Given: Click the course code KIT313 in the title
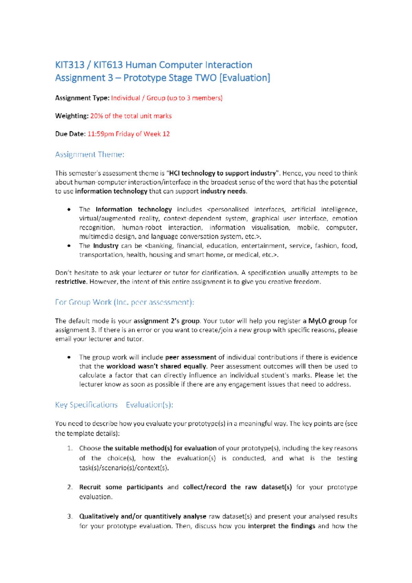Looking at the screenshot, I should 70,65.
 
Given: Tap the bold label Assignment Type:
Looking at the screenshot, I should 82,98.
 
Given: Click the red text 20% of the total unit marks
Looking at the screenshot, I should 131,116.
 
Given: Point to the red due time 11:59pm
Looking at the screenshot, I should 101,134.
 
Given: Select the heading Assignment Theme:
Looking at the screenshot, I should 90,155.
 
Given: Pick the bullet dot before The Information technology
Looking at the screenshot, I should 69,209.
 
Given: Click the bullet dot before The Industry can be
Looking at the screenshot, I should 69,246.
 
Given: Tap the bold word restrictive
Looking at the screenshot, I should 70,282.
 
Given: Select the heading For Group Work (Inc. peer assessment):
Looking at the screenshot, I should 124,302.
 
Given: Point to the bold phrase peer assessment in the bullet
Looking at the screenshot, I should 191,357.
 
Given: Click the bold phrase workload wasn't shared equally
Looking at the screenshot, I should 157,366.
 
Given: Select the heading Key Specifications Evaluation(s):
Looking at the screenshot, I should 114,405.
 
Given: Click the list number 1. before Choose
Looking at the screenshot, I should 70,448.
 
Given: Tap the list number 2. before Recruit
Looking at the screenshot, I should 70,487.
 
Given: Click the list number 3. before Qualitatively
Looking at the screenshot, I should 70,516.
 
